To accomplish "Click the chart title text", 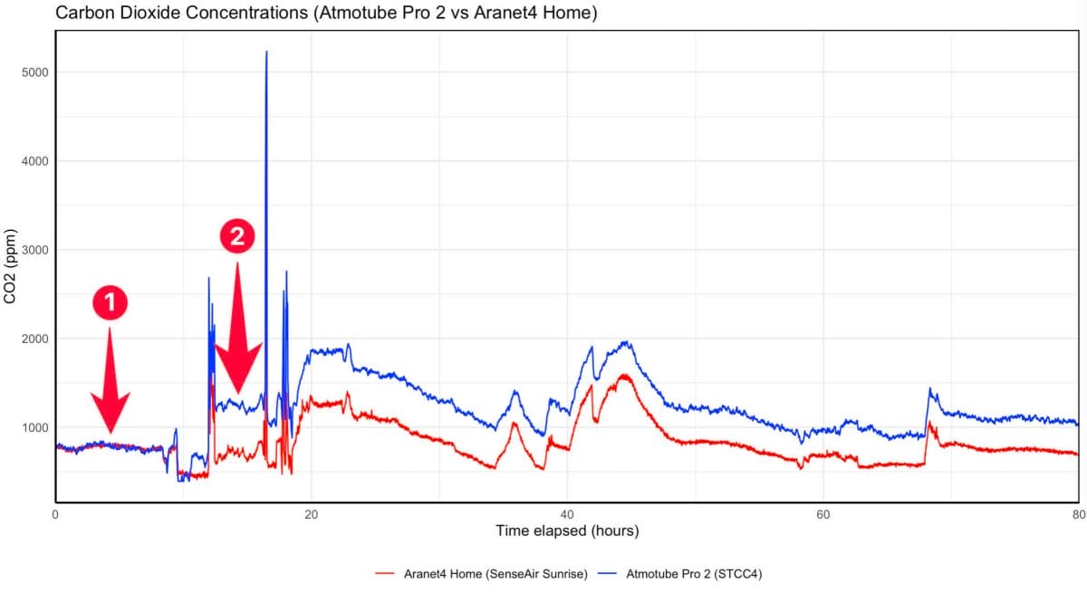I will coord(326,14).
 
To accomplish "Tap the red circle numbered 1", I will coord(111,304).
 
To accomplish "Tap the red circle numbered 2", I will coord(237,237).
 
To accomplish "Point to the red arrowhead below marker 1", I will coord(111,412).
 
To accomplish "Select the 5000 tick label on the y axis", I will coord(35,72).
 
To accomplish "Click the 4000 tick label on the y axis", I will coord(35,161).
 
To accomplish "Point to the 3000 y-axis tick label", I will coord(35,250).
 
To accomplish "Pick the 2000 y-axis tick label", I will coord(35,339).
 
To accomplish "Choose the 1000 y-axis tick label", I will coord(35,427).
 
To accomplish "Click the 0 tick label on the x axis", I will coord(56,514).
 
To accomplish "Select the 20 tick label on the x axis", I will coord(312,514).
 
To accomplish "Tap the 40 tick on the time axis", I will coord(567,514).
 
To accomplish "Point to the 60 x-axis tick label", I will coord(822,514).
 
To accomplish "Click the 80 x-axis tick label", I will coord(1077,514).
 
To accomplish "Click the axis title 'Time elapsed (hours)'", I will coord(567,531).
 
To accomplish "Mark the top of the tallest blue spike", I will coord(266,53).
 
